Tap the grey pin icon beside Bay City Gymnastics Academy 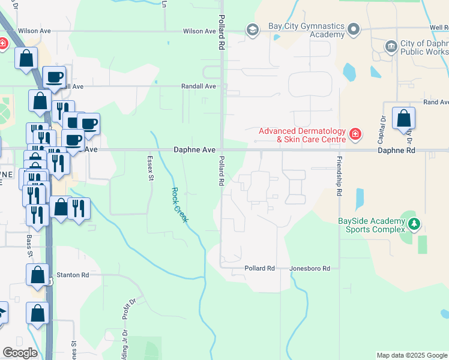click(354, 29)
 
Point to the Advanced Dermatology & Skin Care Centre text click(302, 136)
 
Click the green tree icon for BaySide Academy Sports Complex click(414, 224)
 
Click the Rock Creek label click(179, 205)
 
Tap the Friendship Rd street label click(339, 176)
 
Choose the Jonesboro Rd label click(310, 268)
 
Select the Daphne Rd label click(396, 151)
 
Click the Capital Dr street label click(382, 127)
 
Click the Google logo click(20, 353)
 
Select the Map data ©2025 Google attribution click(411, 355)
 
